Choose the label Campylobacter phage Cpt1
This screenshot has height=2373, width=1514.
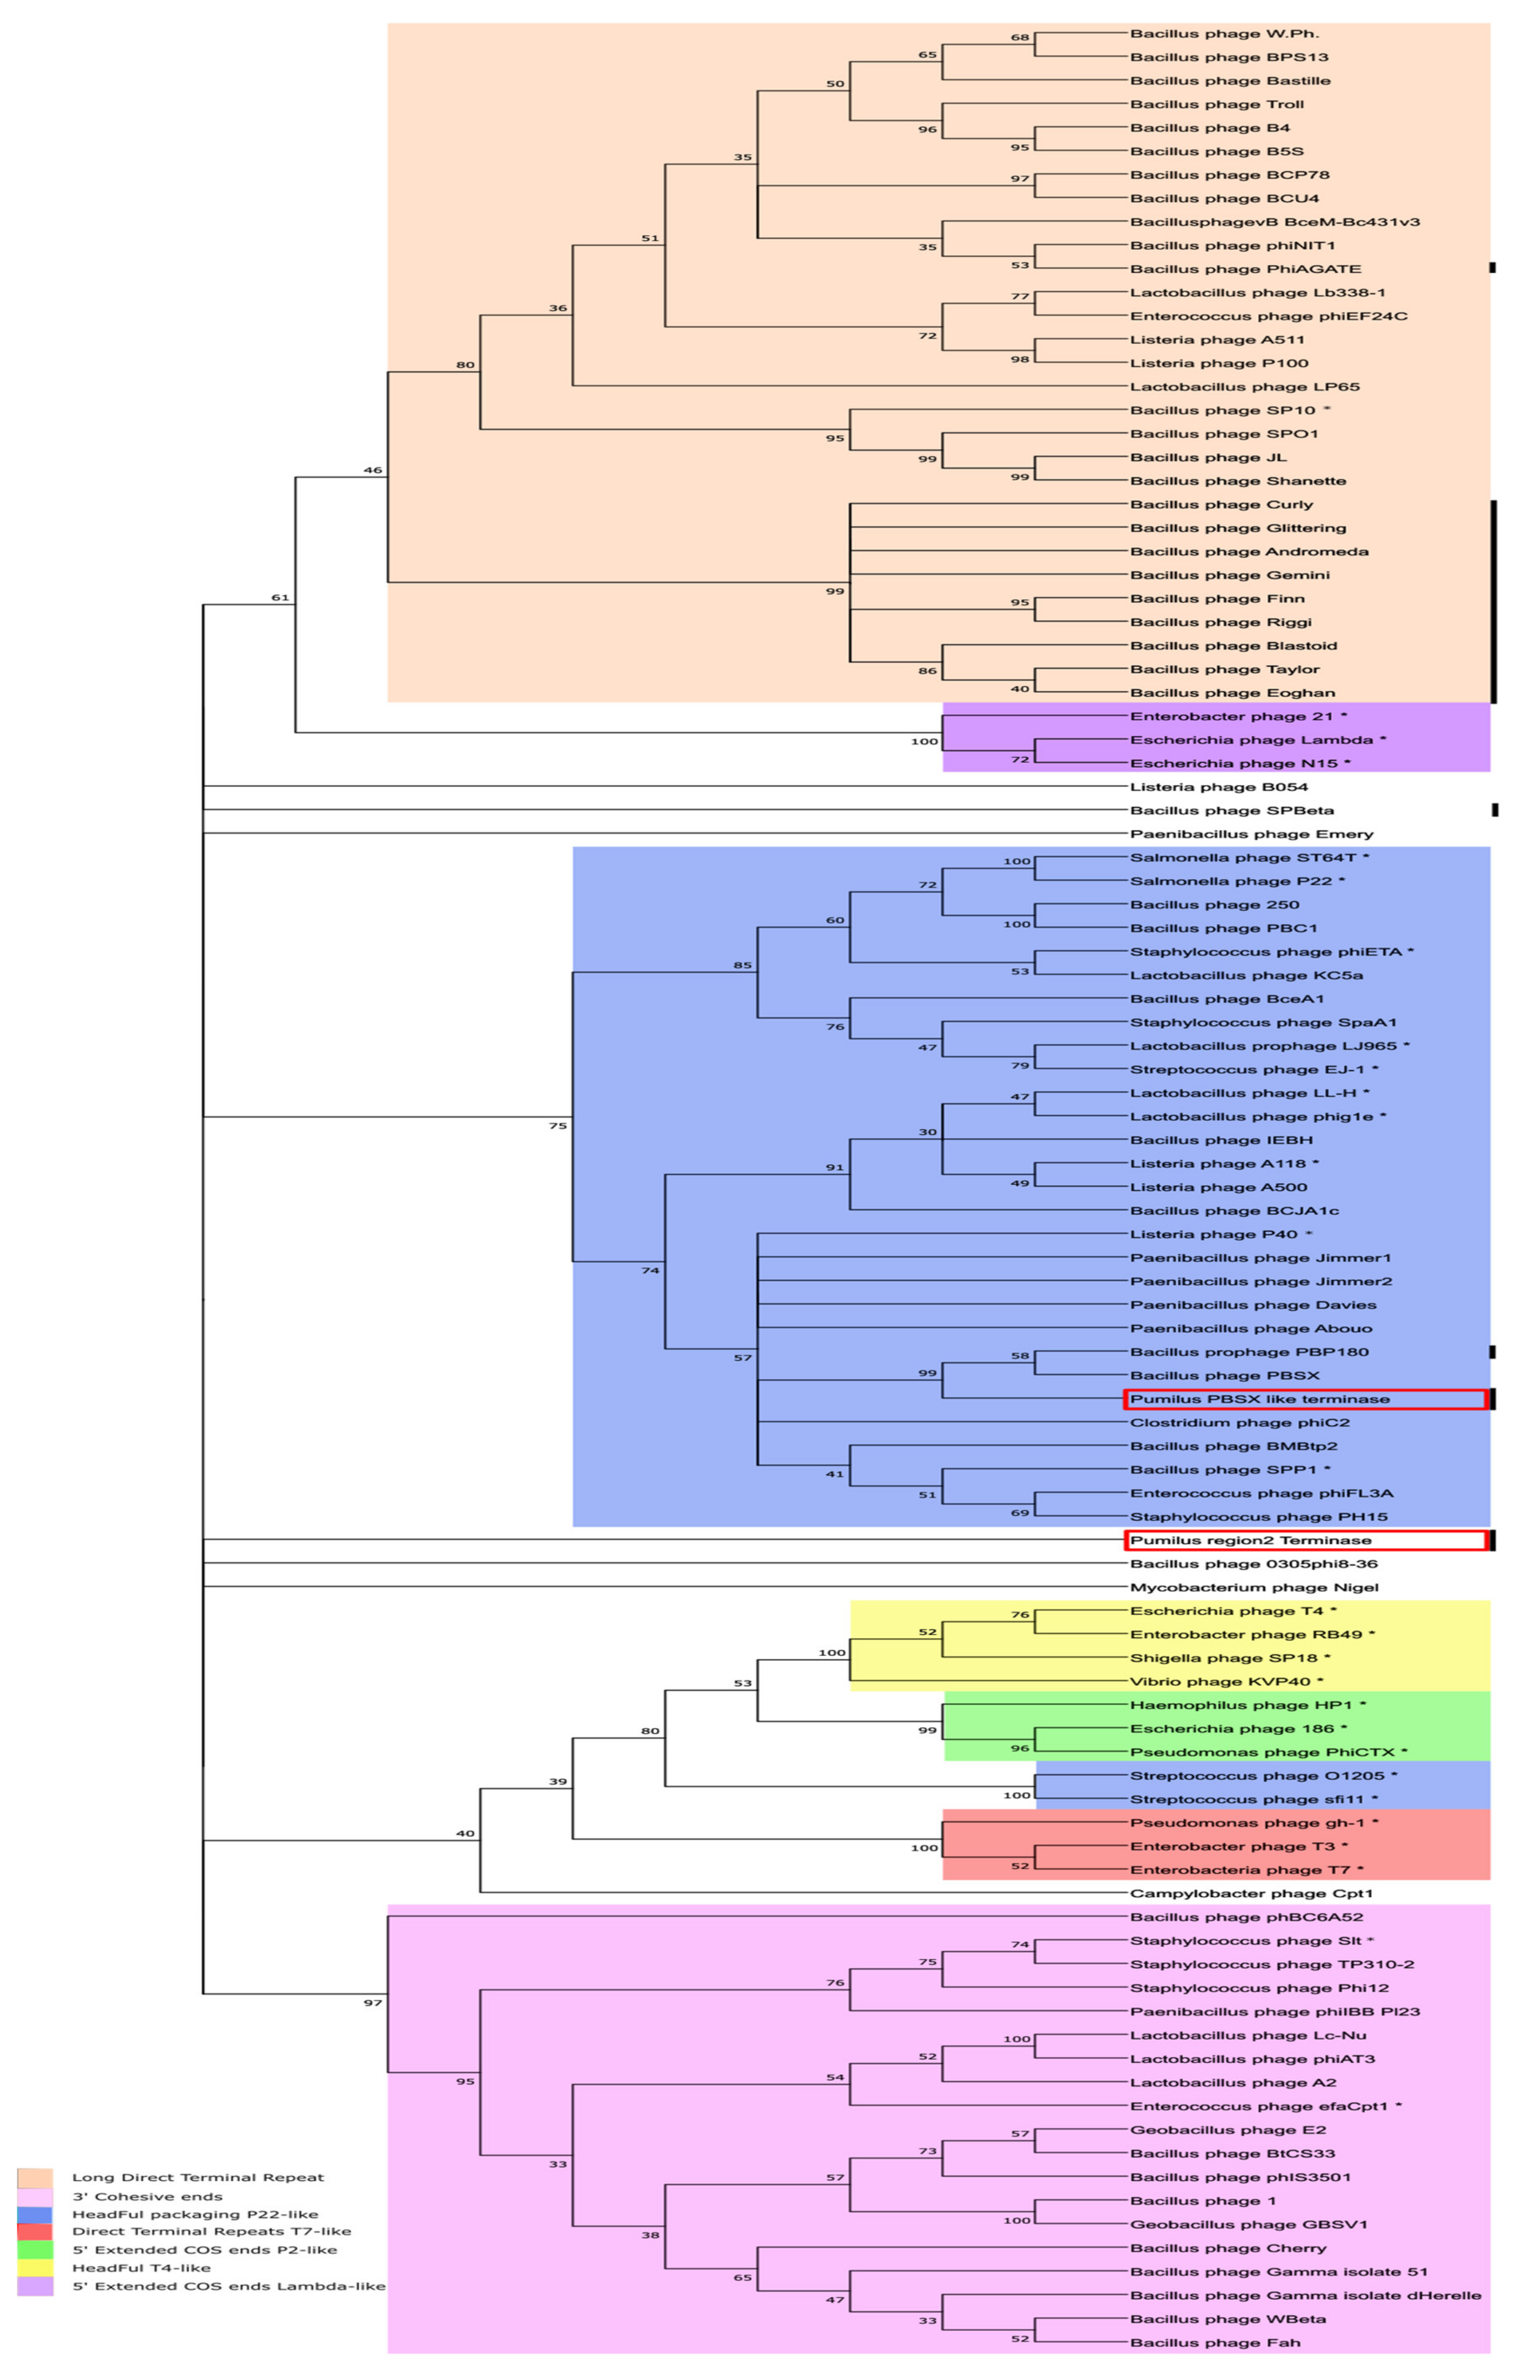click(1251, 1893)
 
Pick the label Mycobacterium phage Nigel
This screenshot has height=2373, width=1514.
click(1254, 1588)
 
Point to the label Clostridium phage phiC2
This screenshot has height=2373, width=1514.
click(1239, 1423)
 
